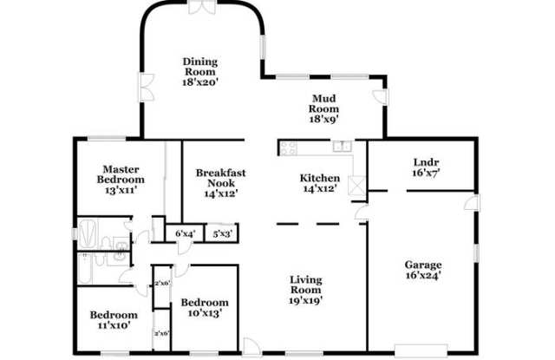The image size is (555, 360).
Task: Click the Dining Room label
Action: pos(200,67)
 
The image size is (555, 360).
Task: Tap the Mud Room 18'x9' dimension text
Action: pos(324,119)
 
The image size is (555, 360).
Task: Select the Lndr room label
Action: pos(426,162)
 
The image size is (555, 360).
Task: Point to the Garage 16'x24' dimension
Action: pos(423,275)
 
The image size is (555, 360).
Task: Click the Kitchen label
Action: pos(320,178)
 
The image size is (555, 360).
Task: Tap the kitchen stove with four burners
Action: pos(289,148)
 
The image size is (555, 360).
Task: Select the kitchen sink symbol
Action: pos(343,147)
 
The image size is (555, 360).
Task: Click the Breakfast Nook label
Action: pos(221,178)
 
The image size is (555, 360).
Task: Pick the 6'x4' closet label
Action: pos(185,234)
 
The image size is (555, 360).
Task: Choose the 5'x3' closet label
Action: pos(222,234)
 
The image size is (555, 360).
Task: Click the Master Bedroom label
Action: pos(121,174)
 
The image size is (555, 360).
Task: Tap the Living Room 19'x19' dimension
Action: pos(305,300)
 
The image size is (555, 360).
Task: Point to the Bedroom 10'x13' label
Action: pos(205,308)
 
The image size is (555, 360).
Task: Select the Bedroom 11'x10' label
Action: pos(114,319)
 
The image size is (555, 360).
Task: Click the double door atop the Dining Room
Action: pos(202,7)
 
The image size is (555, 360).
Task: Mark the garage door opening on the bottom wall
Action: pos(421,350)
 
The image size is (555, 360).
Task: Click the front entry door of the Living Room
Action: pos(251,346)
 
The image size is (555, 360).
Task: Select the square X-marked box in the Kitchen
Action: pos(356,186)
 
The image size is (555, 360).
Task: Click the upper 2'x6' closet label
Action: pos(162,283)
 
